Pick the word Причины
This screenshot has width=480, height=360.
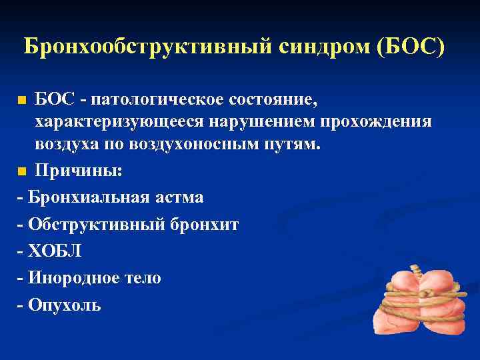[x=78, y=171]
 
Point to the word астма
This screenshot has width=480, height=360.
[x=178, y=198]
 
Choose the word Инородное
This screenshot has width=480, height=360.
[x=78, y=278]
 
